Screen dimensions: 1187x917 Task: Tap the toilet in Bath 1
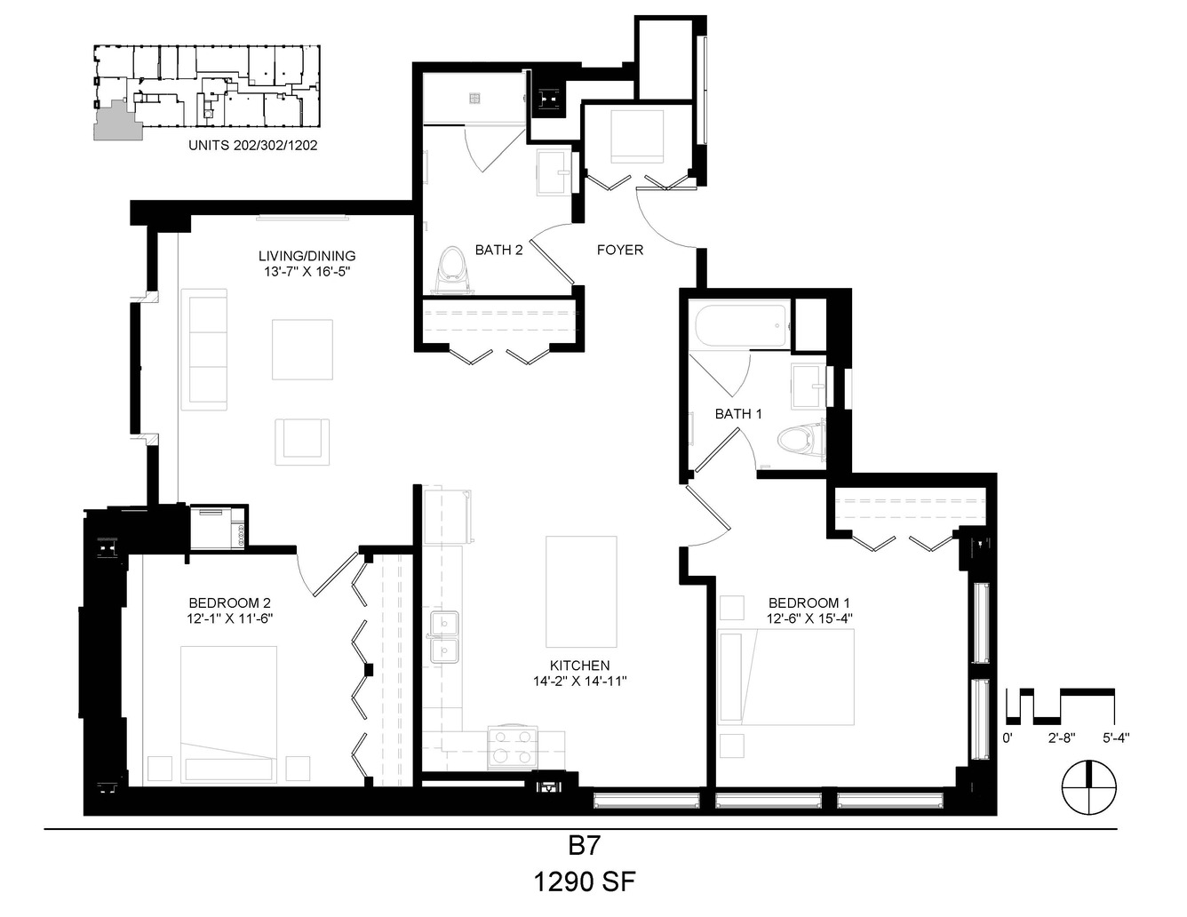801,440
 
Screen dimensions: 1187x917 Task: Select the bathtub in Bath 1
742,325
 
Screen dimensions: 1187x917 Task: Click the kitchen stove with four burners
513,746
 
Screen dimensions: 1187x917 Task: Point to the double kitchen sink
444,637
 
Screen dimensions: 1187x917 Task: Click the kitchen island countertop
581,592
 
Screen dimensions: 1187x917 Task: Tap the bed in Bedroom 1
786,677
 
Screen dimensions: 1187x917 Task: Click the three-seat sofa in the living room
204,349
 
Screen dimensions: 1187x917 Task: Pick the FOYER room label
620,251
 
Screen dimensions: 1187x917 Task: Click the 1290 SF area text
585,882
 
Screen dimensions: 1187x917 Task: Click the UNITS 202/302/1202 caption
253,145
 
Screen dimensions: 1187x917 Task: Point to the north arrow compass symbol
1088,787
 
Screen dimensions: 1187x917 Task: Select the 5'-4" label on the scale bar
1116,738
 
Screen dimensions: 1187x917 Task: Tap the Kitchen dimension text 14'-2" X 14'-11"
579,681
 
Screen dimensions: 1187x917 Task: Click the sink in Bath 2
554,172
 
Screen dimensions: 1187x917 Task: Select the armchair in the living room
302,442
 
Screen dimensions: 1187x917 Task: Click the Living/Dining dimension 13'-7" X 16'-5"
307,271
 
